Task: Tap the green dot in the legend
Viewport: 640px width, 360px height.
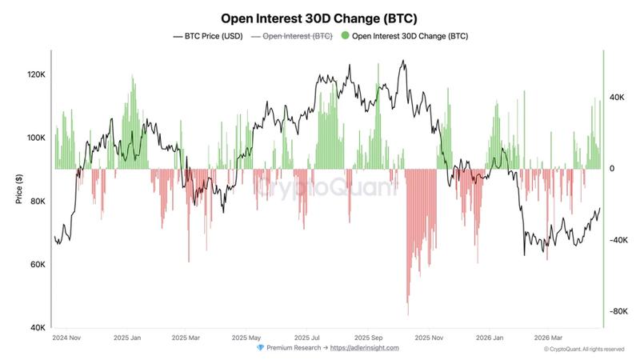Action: tap(345, 36)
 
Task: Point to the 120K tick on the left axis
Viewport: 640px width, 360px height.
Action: tap(36, 74)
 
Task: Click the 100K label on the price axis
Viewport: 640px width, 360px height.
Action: tap(36, 138)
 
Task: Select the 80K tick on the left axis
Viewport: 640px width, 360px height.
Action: tap(38, 201)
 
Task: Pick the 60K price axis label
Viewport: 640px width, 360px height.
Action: tap(38, 265)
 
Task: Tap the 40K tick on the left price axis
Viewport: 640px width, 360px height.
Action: tap(38, 328)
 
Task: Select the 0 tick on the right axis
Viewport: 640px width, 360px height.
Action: tap(612, 169)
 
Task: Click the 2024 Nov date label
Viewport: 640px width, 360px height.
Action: tap(67, 338)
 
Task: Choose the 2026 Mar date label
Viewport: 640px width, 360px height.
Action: tap(549, 338)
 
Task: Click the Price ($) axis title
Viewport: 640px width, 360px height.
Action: tap(18, 190)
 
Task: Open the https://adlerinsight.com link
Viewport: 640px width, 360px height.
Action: tap(364, 348)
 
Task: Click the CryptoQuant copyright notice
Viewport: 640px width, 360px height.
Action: tap(583, 349)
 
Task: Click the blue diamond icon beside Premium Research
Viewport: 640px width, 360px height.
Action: tap(260, 348)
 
